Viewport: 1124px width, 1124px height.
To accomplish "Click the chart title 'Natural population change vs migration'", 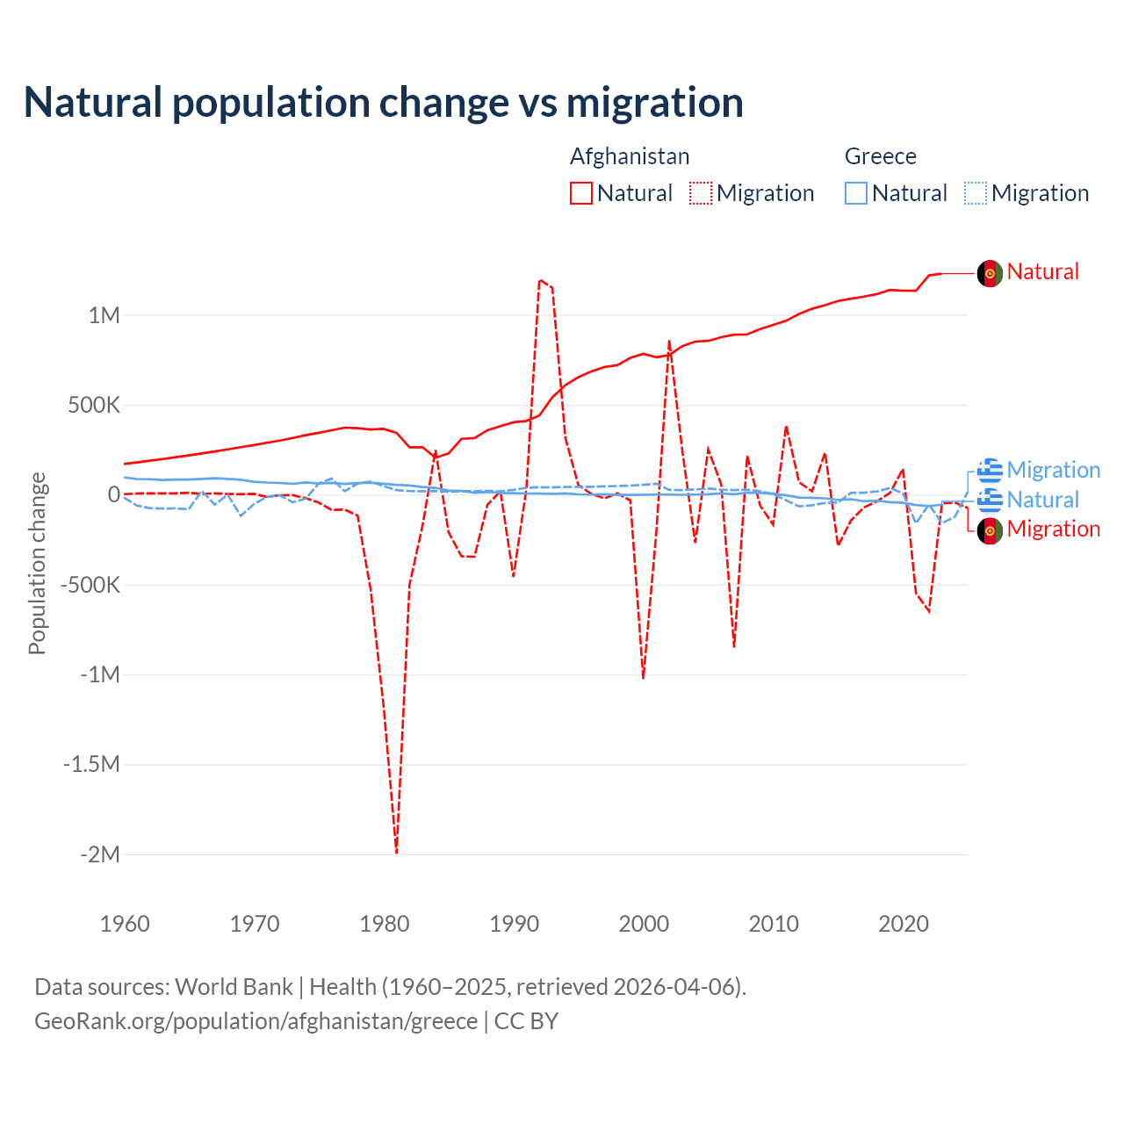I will pos(384,103).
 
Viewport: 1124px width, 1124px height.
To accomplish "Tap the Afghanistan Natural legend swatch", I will pos(581,193).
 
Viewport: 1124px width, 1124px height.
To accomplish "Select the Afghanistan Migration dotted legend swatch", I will pos(701,193).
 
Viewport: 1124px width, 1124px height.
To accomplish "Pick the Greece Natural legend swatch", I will pos(856,193).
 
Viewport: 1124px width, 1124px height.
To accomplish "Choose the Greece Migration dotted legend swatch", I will pos(976,193).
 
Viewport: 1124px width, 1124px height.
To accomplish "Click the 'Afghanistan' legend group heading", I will pos(630,156).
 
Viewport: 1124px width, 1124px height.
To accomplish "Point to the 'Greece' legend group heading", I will pos(880,156).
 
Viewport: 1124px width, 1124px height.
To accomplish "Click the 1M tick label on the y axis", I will pos(104,315).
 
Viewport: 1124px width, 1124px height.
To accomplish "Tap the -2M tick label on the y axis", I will pos(100,854).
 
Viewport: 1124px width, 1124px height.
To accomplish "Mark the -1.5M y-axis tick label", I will pos(91,764).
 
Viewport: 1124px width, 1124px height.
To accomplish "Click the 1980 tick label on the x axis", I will pos(385,924).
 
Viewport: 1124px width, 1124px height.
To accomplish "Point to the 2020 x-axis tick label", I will pos(904,924).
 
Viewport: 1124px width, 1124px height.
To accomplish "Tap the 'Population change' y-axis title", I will pos(37,563).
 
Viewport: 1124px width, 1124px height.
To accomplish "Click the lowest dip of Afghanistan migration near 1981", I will pos(396,851).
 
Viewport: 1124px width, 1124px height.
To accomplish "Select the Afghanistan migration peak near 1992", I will pos(540,280).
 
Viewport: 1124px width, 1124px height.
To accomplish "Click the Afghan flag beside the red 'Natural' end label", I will pos(990,273).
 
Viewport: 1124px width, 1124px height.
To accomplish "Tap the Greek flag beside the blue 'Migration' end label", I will pos(990,471).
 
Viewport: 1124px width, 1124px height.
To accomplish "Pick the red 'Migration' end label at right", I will pos(1053,529).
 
